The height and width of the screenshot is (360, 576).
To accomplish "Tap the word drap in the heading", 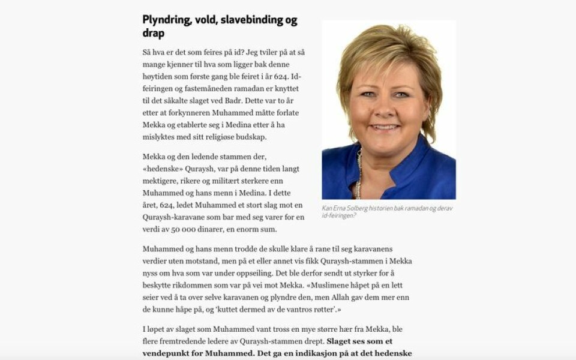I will [x=154, y=34].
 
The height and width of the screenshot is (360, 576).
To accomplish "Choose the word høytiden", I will [x=159, y=76].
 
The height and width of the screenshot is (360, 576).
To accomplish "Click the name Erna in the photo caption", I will [x=343, y=208].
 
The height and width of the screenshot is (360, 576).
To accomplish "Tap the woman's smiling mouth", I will [x=385, y=127].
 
